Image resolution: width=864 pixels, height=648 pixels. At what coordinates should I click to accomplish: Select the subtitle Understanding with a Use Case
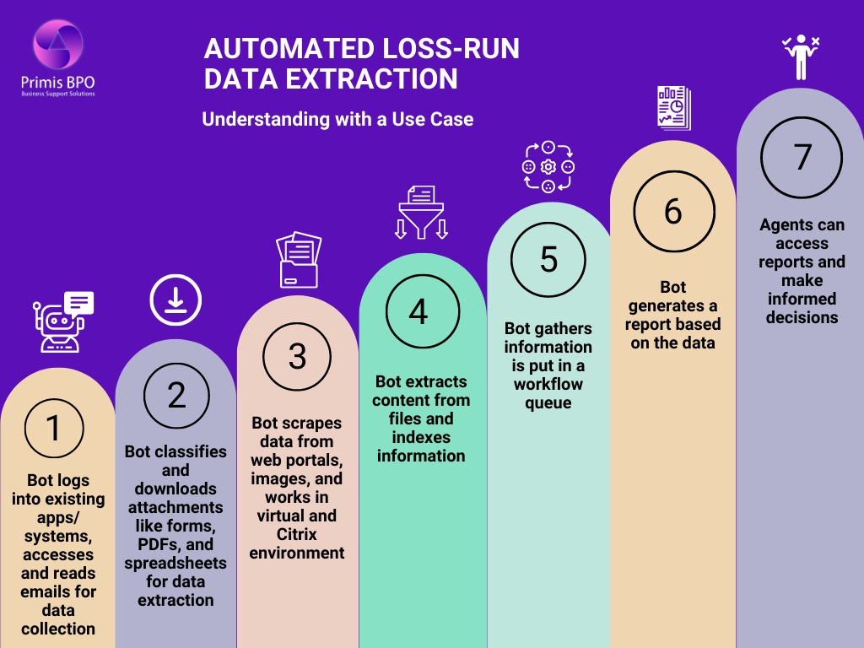[x=337, y=119]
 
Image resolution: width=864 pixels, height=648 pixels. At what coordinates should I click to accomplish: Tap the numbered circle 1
[x=54, y=428]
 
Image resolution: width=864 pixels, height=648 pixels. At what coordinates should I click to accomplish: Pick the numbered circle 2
[x=176, y=394]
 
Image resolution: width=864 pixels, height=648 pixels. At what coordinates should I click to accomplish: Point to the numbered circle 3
[x=297, y=356]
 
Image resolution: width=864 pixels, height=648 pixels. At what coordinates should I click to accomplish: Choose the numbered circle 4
[x=418, y=311]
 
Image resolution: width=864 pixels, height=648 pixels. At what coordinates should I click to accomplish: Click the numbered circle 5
[x=548, y=259]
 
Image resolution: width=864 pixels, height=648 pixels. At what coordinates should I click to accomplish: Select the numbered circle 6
[x=672, y=211]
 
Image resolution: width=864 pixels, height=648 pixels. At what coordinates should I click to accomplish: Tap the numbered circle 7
[x=802, y=157]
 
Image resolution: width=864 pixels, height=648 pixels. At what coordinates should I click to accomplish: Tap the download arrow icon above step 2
[x=175, y=300]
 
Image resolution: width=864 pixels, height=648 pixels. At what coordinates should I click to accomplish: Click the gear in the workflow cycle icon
[x=548, y=167]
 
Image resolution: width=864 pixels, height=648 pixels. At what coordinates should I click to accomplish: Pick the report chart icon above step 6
[x=673, y=108]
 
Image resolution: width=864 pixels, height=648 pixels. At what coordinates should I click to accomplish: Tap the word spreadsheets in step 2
[x=175, y=563]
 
